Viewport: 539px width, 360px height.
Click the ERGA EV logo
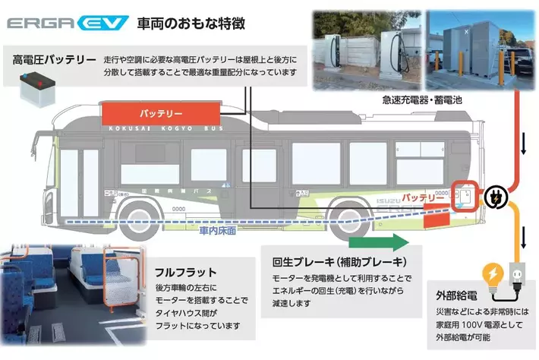[x=67, y=24]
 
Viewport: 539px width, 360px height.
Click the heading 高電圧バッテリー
[x=54, y=58]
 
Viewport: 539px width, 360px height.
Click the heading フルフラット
[x=186, y=271]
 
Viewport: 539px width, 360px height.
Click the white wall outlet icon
[x=516, y=273]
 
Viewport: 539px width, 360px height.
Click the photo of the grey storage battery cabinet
[x=471, y=47]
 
